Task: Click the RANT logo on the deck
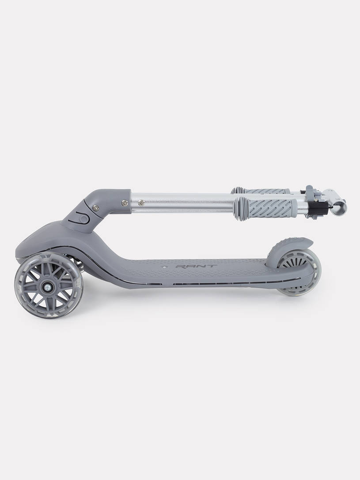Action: [196, 267]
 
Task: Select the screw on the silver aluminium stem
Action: [141, 202]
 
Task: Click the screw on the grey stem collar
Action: [125, 202]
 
